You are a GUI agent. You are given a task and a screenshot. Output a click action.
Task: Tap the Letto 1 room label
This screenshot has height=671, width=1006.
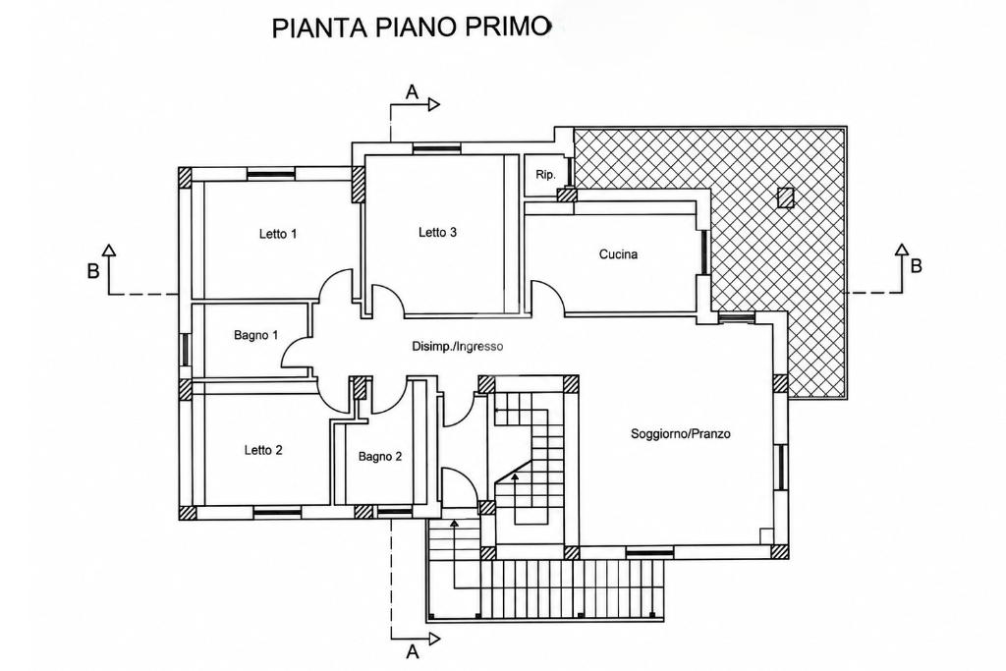click(x=278, y=234)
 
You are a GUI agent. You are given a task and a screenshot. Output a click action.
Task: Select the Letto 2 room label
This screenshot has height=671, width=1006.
click(x=263, y=450)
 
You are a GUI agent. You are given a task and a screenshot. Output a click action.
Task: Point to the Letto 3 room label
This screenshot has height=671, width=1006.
click(x=437, y=232)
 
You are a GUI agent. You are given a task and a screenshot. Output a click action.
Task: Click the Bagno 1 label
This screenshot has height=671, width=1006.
click(x=256, y=335)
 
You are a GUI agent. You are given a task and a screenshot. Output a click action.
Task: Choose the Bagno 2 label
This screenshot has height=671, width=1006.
click(x=380, y=457)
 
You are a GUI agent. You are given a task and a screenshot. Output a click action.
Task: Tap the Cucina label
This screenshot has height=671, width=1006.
click(x=619, y=254)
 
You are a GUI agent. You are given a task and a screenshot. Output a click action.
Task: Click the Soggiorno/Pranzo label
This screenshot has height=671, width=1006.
click(x=681, y=433)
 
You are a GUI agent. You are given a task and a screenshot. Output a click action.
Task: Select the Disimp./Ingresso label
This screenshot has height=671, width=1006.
click(x=458, y=347)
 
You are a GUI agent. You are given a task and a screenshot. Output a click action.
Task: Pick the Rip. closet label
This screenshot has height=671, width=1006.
click(x=545, y=175)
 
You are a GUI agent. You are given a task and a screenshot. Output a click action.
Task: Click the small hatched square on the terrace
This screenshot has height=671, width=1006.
click(x=785, y=197)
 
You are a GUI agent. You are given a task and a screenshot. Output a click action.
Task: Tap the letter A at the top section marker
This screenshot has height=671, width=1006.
click(x=412, y=92)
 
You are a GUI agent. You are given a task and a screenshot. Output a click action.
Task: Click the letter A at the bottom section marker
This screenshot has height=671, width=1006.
click(x=413, y=651)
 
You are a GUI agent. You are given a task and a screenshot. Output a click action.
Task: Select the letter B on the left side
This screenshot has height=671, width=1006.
click(x=93, y=271)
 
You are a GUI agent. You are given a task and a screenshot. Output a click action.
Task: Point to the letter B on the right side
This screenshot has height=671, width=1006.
click(x=917, y=265)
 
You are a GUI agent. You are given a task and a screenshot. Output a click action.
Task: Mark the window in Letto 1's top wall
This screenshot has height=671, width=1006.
click(x=271, y=174)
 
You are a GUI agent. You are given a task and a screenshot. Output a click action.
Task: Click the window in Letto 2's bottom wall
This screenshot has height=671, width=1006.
click(x=277, y=513)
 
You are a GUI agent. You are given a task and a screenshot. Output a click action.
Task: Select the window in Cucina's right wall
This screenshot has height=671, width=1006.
click(x=703, y=252)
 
